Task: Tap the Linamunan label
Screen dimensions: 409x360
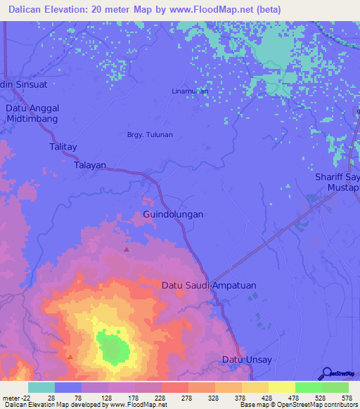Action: click(190, 91)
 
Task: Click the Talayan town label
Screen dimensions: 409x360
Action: click(90, 165)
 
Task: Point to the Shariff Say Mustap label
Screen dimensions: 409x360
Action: click(337, 183)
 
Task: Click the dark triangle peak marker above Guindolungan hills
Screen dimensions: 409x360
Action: click(127, 249)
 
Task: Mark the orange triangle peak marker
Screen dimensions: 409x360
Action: click(70, 357)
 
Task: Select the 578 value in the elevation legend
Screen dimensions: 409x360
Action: click(345, 398)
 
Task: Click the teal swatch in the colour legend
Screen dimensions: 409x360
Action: click(41, 387)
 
